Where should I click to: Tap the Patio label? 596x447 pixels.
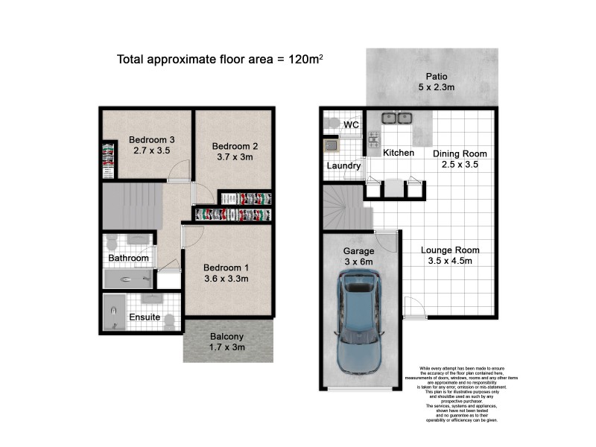click(x=436, y=76)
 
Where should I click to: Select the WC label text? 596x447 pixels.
click(x=352, y=125)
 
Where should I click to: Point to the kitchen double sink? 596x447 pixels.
click(x=398, y=118)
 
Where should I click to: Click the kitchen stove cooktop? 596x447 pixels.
click(x=373, y=139)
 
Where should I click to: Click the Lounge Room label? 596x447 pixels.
click(x=449, y=250)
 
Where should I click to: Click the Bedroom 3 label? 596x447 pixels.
click(x=151, y=139)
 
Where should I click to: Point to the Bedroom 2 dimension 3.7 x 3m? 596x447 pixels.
click(x=235, y=157)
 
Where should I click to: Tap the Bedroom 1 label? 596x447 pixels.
click(x=226, y=267)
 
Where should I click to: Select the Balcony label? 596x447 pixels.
click(x=227, y=337)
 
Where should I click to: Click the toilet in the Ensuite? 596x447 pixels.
click(x=171, y=323)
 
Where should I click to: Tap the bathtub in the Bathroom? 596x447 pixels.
click(x=127, y=279)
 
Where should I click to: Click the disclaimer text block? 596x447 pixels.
click(x=461, y=394)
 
